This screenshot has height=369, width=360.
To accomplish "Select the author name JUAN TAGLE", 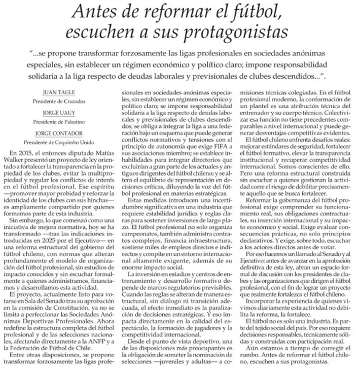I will (58, 92).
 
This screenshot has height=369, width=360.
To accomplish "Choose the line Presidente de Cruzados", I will (58, 102).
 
